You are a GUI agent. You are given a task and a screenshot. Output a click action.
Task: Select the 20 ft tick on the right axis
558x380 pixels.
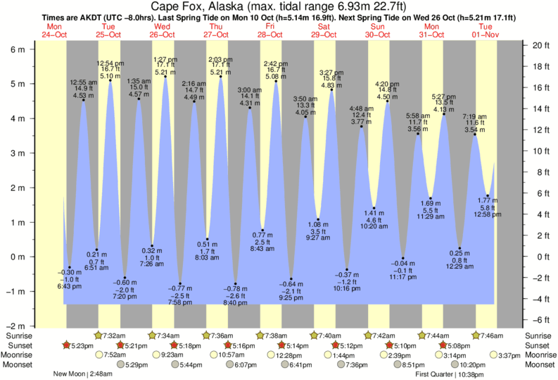540,45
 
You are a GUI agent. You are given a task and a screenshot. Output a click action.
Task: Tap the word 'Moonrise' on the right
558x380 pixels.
539,355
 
